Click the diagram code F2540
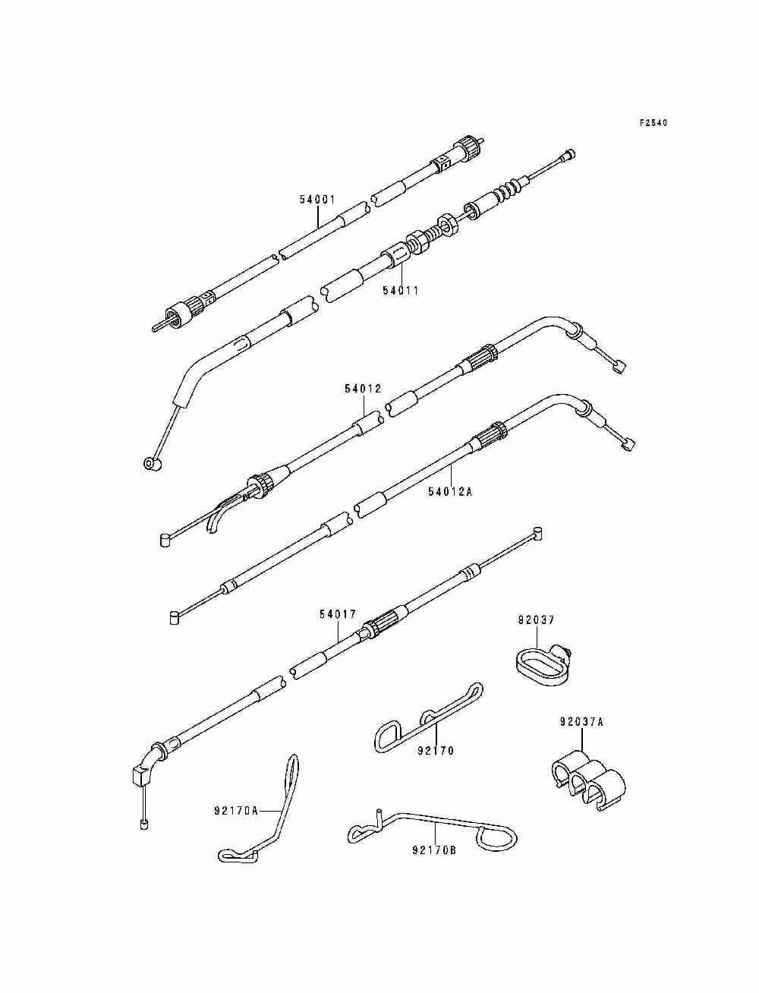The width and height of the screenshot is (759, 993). pyautogui.click(x=653, y=122)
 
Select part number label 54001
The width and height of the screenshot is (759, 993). pyautogui.click(x=317, y=200)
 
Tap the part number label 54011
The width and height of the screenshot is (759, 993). pyautogui.click(x=401, y=290)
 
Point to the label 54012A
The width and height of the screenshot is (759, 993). pyautogui.click(x=450, y=491)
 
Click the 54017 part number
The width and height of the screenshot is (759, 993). pyautogui.click(x=337, y=613)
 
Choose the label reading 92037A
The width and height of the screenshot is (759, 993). pyautogui.click(x=582, y=722)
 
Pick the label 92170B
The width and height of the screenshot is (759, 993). pyautogui.click(x=434, y=850)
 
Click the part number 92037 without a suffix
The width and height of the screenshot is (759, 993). pyautogui.click(x=537, y=619)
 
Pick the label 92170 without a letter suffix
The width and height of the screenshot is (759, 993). pyautogui.click(x=436, y=751)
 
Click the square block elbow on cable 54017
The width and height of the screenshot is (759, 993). pyautogui.click(x=140, y=775)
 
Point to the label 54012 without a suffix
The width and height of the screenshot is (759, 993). pyautogui.click(x=363, y=389)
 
